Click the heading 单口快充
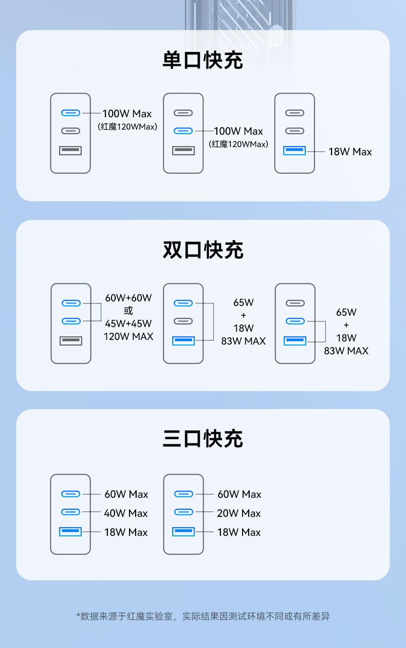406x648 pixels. click(202, 61)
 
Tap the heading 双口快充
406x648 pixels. click(202, 250)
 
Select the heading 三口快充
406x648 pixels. click(202, 439)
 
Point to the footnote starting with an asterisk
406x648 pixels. click(202, 616)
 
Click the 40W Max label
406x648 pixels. click(126, 513)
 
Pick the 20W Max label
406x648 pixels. click(239, 513)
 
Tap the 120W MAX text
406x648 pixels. click(128, 337)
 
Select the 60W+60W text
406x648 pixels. click(128, 298)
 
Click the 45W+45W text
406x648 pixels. click(128, 323)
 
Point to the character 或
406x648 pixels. click(128, 311)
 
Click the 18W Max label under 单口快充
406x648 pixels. click(350, 152)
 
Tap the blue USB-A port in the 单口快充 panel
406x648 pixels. click(294, 151)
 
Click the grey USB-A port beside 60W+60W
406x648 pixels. click(71, 340)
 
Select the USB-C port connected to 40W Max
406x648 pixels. click(71, 512)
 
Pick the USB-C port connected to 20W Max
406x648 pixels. click(183, 512)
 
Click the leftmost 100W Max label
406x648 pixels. click(127, 114)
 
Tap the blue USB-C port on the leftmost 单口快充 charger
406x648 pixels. click(71, 113)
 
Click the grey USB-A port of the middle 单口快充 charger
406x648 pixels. click(183, 151)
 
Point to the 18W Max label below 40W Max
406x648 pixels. click(126, 532)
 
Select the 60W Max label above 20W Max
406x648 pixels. click(239, 494)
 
